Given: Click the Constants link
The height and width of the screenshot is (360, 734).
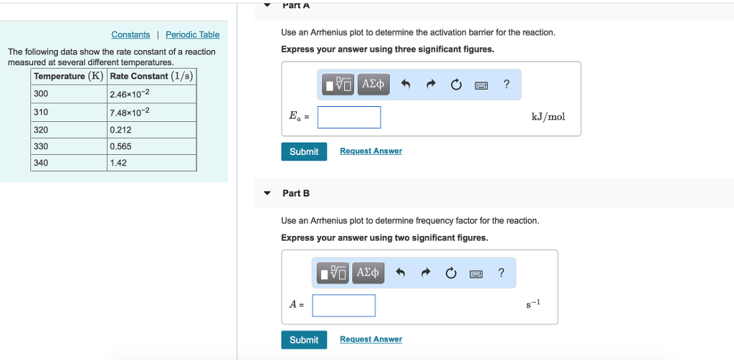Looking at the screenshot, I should tap(130, 34).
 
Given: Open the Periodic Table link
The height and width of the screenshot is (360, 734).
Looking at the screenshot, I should tap(192, 34).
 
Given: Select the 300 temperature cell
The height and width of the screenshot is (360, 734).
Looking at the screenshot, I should tap(70, 94).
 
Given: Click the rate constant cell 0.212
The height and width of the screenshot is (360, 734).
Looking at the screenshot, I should tap(151, 130).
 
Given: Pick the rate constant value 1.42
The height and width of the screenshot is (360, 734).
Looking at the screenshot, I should tap(151, 163).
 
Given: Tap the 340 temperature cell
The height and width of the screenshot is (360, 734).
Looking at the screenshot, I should tap(70, 163).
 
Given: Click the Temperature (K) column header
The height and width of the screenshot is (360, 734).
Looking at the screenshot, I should tap(69, 76).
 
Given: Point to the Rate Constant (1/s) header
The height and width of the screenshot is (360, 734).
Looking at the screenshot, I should tap(151, 76).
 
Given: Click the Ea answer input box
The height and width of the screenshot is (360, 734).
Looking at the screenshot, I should tap(349, 117).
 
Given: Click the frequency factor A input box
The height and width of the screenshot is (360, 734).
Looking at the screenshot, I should tap(343, 305).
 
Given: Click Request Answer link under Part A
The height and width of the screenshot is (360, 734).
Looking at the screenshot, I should tap(371, 151).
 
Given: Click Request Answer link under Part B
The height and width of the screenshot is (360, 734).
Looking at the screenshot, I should tap(371, 339).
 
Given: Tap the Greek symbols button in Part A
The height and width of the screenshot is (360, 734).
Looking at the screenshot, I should tap(373, 85).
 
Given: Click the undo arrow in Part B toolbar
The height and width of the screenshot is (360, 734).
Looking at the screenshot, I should tap(400, 273).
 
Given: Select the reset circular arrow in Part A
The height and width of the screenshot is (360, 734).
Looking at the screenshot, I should tap(456, 85).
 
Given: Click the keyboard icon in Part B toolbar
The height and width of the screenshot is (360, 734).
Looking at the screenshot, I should tap(475, 273).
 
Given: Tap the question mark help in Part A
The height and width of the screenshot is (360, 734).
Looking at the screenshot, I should tap(507, 84).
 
